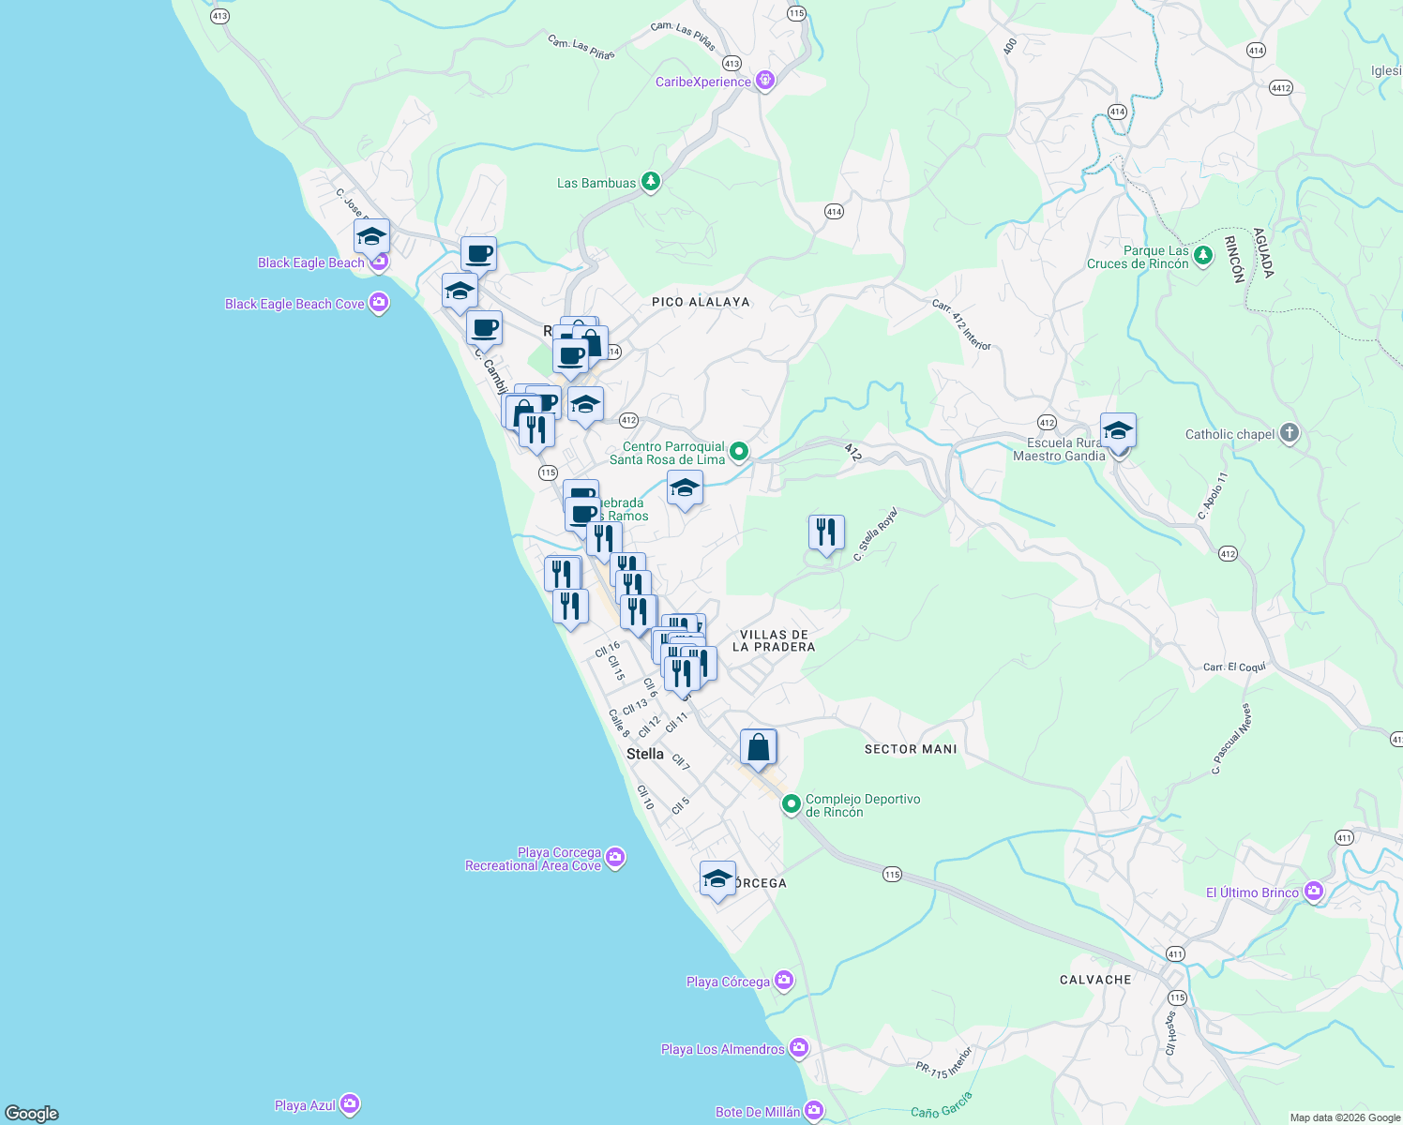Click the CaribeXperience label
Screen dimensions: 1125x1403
click(703, 82)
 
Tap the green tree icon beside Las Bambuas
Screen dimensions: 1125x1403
click(651, 182)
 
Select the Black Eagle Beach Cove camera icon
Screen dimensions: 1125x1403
click(379, 303)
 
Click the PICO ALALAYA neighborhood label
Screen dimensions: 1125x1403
click(701, 302)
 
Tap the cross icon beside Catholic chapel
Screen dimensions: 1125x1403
click(1290, 433)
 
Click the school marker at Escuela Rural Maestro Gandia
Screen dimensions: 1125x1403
click(1118, 431)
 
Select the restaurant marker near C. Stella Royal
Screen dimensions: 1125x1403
click(826, 532)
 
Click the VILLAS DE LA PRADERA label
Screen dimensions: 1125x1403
click(774, 641)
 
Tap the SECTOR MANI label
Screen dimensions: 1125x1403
click(911, 749)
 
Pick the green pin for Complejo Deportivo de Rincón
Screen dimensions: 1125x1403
click(792, 803)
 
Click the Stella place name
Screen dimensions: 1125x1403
click(645, 754)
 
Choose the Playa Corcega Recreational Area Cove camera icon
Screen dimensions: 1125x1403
click(615, 857)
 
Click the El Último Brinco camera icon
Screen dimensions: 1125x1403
click(1314, 892)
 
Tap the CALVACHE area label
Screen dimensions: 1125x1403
click(1095, 980)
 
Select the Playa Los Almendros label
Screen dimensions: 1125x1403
click(722, 1049)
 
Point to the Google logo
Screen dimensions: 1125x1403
click(32, 1113)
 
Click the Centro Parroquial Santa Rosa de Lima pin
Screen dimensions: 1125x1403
click(739, 452)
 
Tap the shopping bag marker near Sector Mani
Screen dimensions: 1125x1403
click(759, 747)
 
